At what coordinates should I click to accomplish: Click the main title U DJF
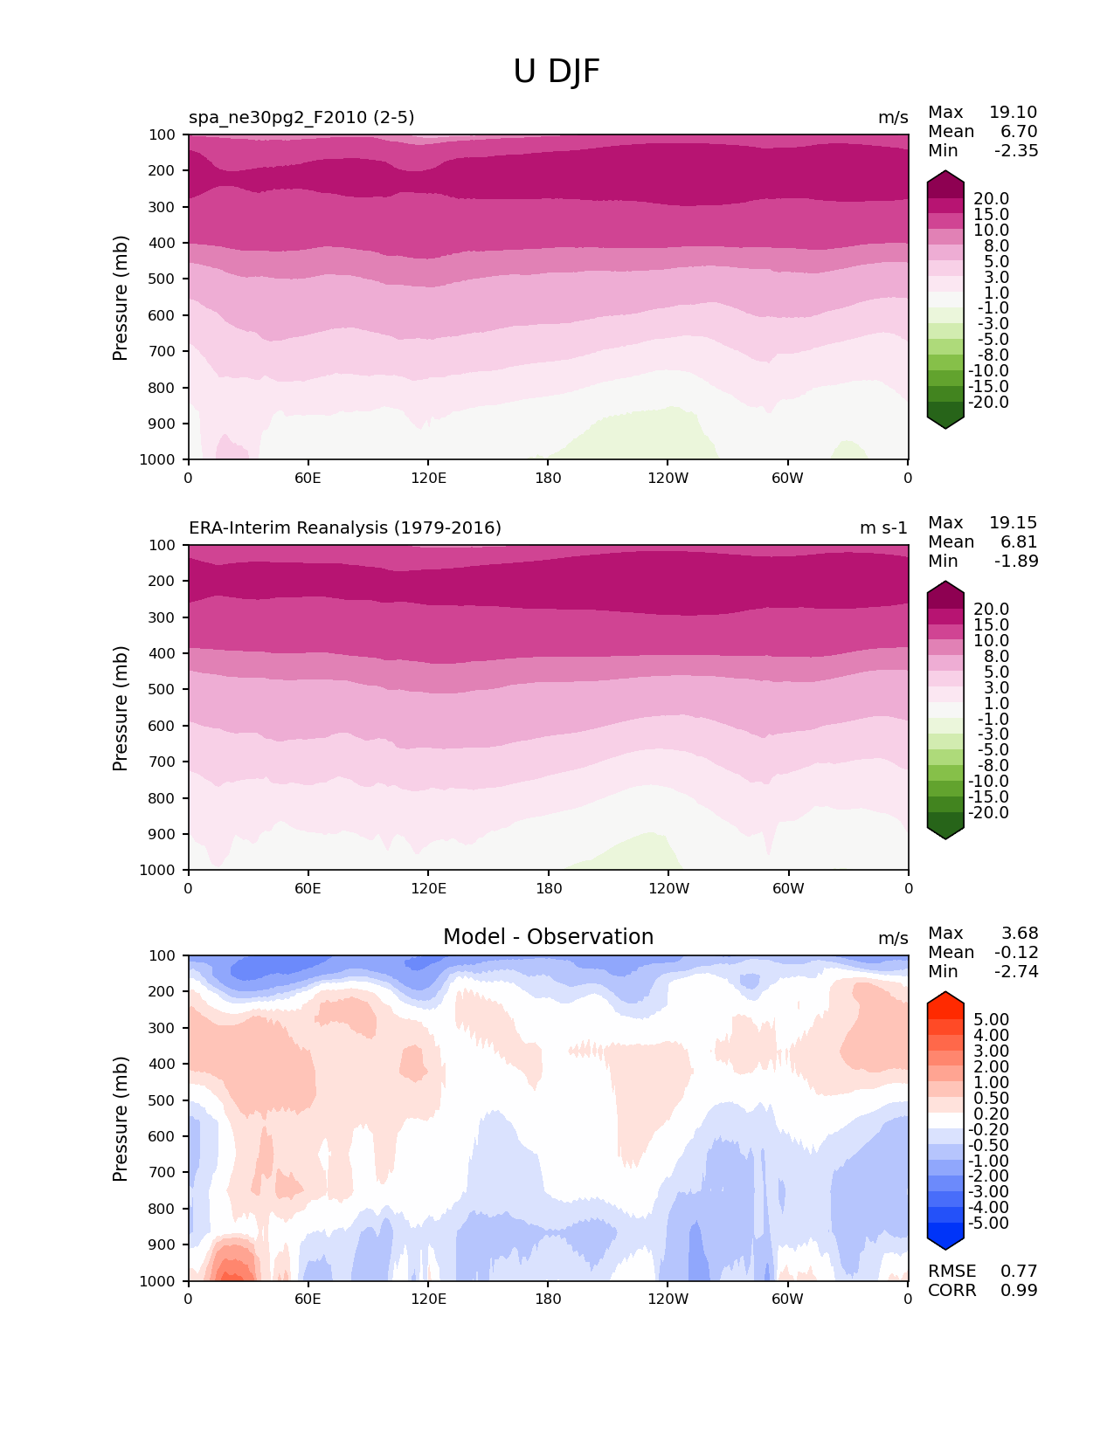click(x=557, y=72)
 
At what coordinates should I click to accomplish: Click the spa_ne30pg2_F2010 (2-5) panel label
click(x=301, y=118)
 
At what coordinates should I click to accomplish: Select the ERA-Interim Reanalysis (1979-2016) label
click(x=345, y=528)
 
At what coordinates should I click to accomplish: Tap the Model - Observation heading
click(x=548, y=937)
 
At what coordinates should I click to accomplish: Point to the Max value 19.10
click(x=1013, y=113)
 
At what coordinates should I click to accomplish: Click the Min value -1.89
click(x=1016, y=562)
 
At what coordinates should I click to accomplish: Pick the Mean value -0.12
click(x=1016, y=953)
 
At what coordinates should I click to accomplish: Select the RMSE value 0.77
click(x=1019, y=1272)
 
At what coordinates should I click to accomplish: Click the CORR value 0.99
click(x=1019, y=1291)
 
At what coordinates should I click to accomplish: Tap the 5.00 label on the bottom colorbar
click(x=991, y=1020)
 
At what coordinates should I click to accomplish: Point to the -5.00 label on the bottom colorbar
click(x=988, y=1224)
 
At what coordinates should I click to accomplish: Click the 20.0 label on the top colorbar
click(x=991, y=199)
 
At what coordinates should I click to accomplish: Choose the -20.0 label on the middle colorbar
click(x=988, y=813)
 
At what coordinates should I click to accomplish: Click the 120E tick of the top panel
click(x=428, y=478)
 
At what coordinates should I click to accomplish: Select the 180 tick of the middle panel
click(x=548, y=888)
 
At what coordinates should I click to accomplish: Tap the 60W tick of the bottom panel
click(x=787, y=1299)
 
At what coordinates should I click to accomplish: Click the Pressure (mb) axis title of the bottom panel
click(x=121, y=1119)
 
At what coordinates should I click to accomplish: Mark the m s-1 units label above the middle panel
click(x=883, y=528)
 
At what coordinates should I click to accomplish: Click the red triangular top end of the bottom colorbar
click(x=945, y=998)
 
